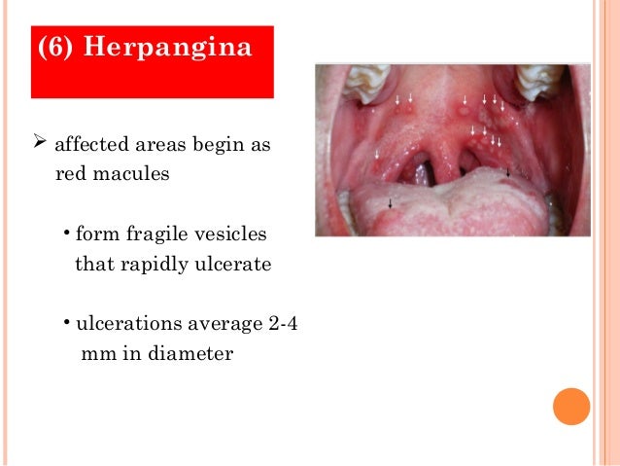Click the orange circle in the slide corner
tap(571, 407)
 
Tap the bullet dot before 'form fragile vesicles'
tap(65, 233)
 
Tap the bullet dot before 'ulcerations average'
tap(65, 323)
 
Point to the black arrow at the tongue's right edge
tap(507, 173)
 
